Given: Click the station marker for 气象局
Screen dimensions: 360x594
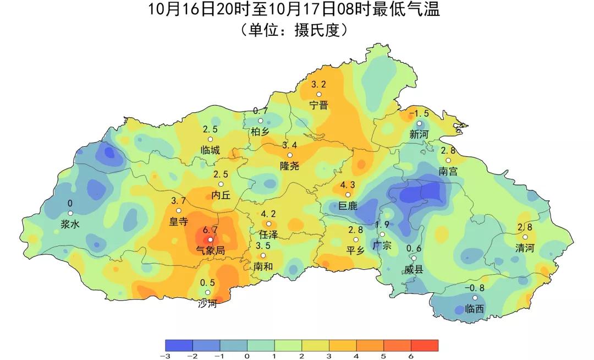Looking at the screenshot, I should (210, 239).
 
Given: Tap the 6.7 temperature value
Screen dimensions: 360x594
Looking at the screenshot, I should (211, 230).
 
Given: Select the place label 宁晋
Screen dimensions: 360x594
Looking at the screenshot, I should (318, 105).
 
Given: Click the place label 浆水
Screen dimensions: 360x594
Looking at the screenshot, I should (70, 224).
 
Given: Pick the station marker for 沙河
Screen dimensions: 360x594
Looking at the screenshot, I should (208, 292).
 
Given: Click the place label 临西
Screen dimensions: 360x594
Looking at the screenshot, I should (475, 309).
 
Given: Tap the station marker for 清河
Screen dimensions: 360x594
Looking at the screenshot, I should (525, 237).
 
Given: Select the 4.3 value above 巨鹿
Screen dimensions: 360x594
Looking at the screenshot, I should (348, 185).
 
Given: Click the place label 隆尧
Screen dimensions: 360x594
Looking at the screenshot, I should (290, 166).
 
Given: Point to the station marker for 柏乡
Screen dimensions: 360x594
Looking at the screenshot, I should (261, 121).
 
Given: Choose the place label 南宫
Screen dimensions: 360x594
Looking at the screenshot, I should (448, 171).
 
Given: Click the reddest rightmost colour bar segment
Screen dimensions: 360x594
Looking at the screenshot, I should (425, 345).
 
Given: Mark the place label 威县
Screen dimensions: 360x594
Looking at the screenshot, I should (414, 269).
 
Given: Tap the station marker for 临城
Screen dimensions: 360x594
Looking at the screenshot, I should (210, 139).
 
